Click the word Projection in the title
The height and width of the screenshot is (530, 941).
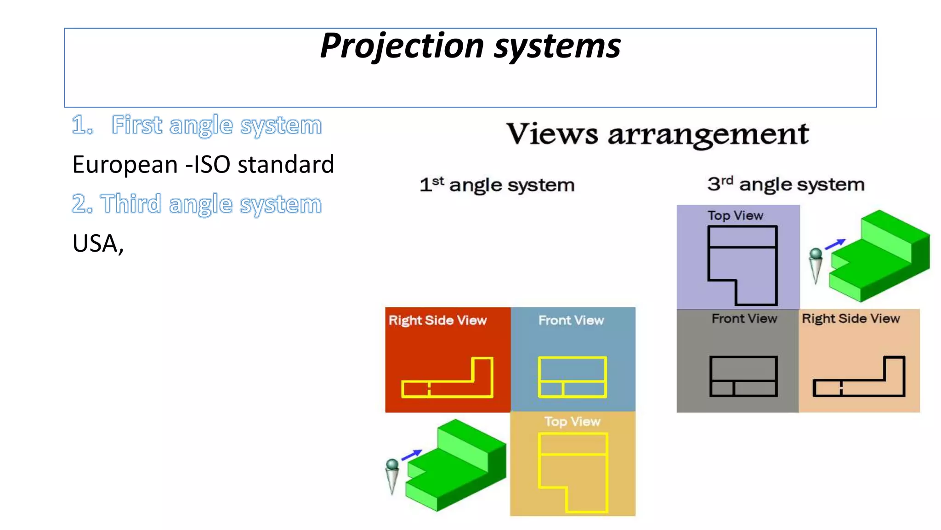tap(402, 46)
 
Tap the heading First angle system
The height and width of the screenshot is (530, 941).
tap(197, 125)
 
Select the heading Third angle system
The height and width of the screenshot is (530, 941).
tap(197, 204)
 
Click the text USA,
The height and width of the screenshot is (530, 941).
tap(98, 243)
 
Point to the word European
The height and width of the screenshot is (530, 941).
tap(125, 165)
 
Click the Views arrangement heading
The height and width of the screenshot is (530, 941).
tap(657, 134)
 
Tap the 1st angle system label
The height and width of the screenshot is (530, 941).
tap(497, 185)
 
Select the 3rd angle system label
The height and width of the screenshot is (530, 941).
tap(786, 184)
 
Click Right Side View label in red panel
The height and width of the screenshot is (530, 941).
tap(437, 320)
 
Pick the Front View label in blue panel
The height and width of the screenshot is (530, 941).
tap(571, 320)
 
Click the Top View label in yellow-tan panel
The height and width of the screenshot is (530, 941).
tap(572, 421)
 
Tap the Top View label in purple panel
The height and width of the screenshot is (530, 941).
tap(735, 215)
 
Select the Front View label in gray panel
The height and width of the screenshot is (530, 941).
tap(744, 318)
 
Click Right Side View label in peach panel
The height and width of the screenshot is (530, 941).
tap(850, 318)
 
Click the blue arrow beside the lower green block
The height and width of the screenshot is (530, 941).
tap(412, 455)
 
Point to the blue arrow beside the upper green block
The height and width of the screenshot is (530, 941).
tap(835, 244)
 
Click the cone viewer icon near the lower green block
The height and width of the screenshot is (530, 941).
tap(392, 476)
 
